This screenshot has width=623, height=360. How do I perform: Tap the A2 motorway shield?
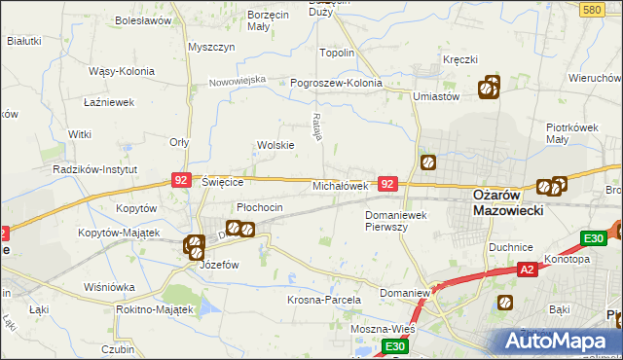click(526, 270)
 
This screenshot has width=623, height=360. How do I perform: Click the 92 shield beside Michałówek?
click(387, 183)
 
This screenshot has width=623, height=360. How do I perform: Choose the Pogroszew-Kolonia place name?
click(337, 83)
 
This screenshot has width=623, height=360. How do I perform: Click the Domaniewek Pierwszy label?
click(399, 220)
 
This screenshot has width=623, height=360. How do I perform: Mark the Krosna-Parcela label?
click(324, 300)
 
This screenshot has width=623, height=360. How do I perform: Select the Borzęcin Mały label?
click(218, 21)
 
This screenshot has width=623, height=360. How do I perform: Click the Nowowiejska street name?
click(238, 80)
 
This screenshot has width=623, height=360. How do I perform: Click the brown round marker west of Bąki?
click(504, 303)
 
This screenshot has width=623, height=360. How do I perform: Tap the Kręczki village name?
click(460, 59)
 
